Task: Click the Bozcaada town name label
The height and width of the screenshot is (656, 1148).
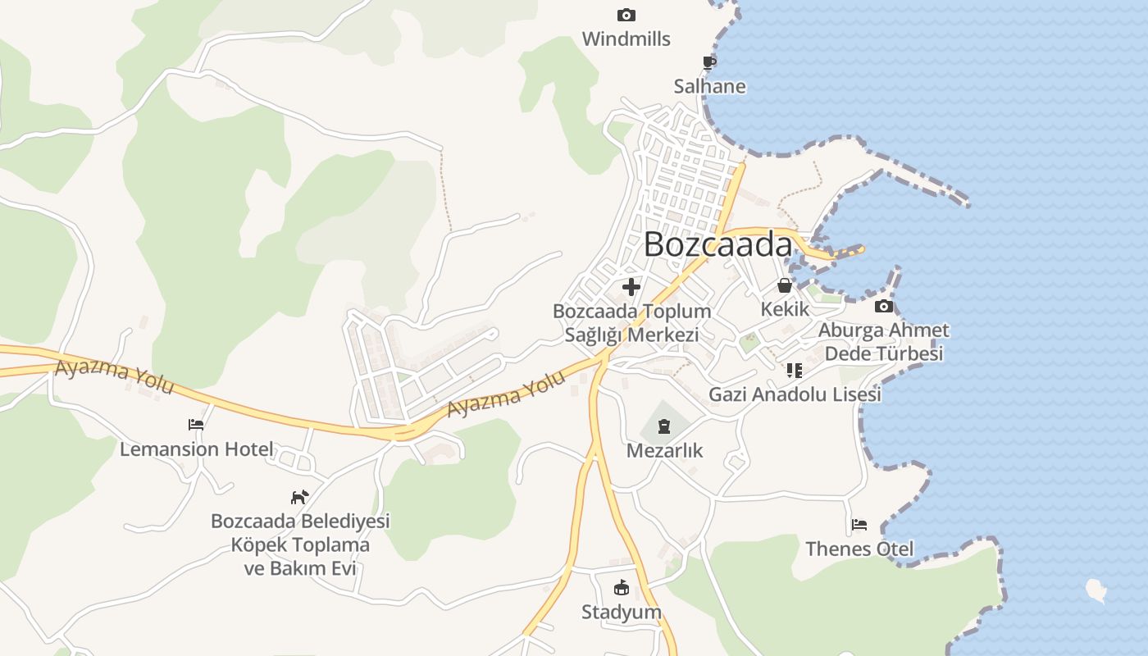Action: pos(718,244)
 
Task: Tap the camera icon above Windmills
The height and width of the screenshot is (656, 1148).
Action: pos(626,15)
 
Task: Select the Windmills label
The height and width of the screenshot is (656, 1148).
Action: pos(626,39)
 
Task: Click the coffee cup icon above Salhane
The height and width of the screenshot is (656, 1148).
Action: pos(709,62)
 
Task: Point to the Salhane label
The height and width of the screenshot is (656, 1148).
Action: pos(709,86)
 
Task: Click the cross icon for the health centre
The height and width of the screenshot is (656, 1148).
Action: pos(631,287)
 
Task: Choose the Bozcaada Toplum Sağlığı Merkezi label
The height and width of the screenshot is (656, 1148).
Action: pos(631,323)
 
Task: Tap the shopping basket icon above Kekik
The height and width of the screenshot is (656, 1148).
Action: pos(785,285)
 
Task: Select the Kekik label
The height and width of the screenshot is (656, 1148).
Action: pos(785,309)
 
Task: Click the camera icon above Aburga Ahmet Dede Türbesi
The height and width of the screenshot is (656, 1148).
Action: pos(883,307)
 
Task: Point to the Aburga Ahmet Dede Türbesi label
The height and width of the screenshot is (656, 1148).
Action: pos(883,342)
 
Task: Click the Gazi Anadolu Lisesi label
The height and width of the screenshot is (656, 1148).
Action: pos(795,394)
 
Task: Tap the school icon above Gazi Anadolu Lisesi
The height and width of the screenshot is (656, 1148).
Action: pos(794,371)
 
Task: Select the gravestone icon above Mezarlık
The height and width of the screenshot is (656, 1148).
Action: pos(664,426)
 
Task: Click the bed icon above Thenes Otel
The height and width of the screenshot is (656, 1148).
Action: pos(859,525)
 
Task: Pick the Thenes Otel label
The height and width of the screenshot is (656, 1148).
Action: pos(859,549)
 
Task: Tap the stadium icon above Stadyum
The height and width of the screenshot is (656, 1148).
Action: pos(621,588)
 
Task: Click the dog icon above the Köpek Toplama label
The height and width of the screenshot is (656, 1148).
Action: pos(300,497)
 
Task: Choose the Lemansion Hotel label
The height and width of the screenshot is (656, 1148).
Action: pos(196,449)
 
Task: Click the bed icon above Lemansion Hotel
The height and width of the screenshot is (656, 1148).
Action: pos(196,425)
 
